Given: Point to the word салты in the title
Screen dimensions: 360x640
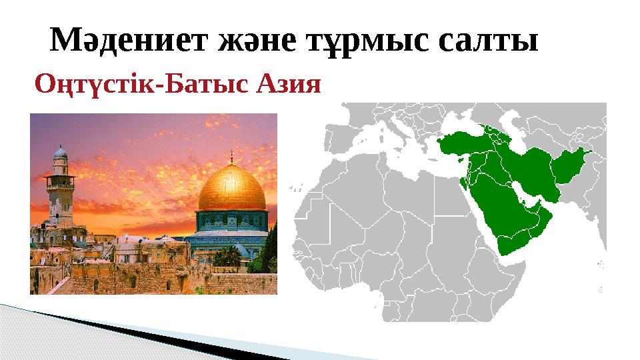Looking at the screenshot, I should pos(489,41).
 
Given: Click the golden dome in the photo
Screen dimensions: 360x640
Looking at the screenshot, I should pos(232,189).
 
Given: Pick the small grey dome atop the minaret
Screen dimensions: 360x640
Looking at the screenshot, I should pos(60,152).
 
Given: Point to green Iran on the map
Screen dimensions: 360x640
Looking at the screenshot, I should pos(533,167).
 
